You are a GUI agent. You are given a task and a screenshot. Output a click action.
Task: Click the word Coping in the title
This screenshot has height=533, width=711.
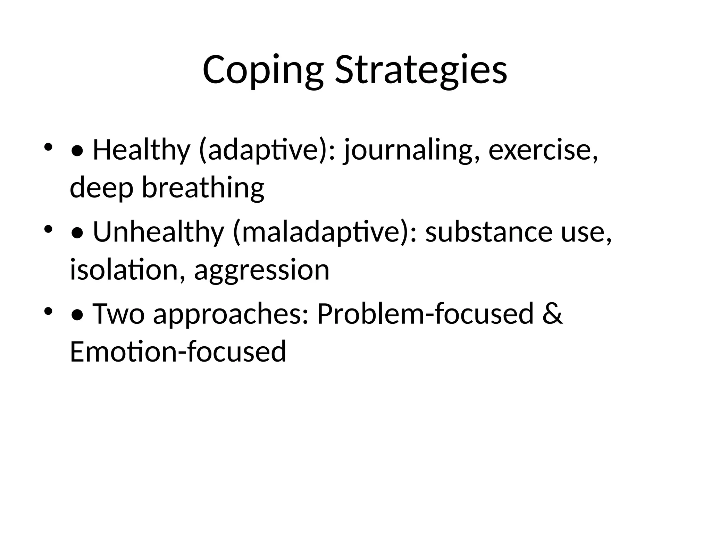(x=263, y=70)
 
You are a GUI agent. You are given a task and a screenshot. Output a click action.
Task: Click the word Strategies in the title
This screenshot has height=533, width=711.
(x=421, y=70)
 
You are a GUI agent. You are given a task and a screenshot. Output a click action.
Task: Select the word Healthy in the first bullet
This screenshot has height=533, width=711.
(x=141, y=150)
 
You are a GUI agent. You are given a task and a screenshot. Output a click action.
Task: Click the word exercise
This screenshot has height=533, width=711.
(x=543, y=150)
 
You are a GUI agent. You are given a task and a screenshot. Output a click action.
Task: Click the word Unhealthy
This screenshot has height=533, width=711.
(x=158, y=232)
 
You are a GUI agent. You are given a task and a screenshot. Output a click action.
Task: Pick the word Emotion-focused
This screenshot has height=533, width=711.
(x=178, y=351)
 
